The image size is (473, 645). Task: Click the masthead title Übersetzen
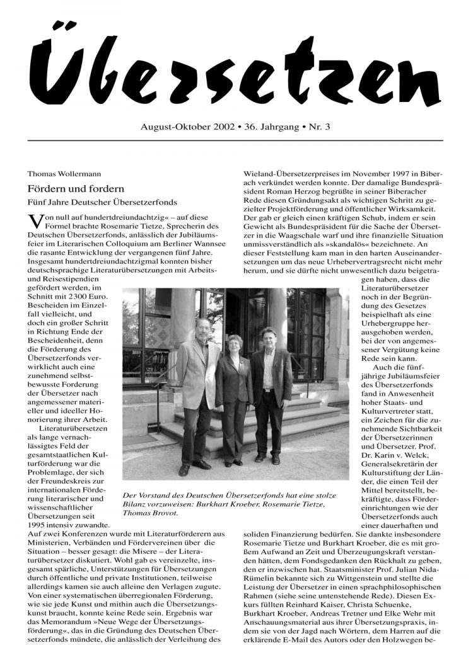click(236, 69)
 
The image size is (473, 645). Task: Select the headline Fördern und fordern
click(76, 188)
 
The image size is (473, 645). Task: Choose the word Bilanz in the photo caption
click(136, 504)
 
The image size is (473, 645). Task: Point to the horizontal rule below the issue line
click(236, 140)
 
